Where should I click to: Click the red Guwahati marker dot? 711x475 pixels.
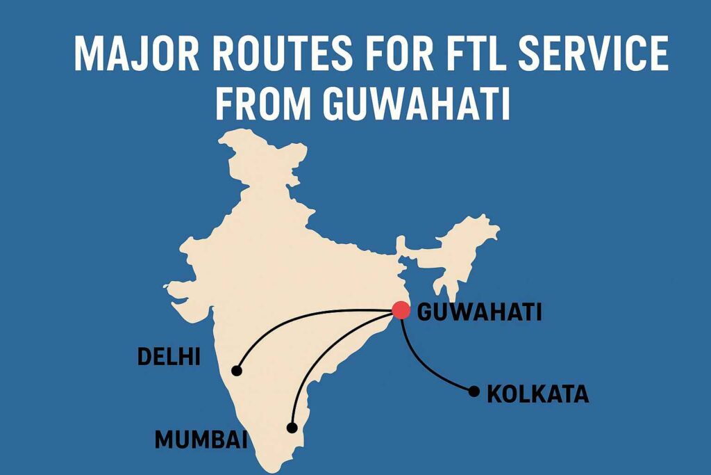point(401,310)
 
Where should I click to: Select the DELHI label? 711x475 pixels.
point(169,357)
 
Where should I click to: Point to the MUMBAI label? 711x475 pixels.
point(201,440)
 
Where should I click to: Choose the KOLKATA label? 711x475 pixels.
point(537,394)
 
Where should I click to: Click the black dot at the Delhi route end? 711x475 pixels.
point(237,371)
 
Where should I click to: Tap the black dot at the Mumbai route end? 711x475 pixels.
point(292,427)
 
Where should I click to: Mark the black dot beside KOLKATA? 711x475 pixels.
point(474,391)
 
